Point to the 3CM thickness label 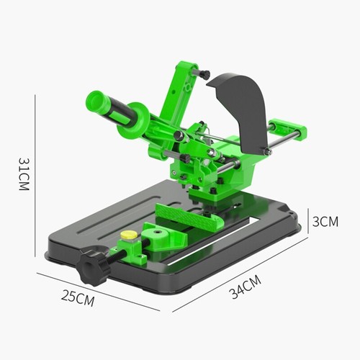(325, 222)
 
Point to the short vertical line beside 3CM (309, 222)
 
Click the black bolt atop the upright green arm (204, 73)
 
